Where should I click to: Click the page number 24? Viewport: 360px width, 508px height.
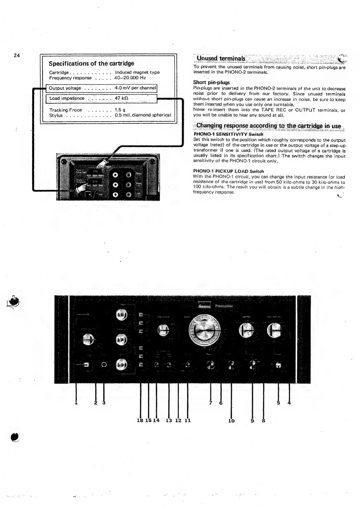pos(17,56)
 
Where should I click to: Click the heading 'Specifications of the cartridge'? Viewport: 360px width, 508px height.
pos(91,63)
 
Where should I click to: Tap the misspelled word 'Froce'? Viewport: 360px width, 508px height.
pos(76,110)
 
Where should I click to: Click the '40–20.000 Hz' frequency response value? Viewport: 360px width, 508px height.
pos(130,78)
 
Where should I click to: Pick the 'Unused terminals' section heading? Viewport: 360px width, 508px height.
pos(221,58)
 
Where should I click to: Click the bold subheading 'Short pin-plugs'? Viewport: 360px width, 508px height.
pos(211,82)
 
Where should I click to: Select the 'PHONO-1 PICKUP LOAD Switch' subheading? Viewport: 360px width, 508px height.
pos(228,171)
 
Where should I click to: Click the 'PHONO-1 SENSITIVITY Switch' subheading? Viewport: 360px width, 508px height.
pos(228,134)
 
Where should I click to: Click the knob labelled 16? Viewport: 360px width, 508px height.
pos(121,315)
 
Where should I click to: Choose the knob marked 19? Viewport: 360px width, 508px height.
pos(121,365)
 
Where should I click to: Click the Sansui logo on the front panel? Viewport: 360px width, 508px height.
pos(204,306)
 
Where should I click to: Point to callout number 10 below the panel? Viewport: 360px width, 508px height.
pos(231,420)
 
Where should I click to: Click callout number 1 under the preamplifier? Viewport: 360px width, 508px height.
pos(76,403)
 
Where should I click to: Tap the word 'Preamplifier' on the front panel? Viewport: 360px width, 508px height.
pos(224,306)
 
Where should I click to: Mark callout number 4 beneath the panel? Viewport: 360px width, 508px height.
pos(289,403)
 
